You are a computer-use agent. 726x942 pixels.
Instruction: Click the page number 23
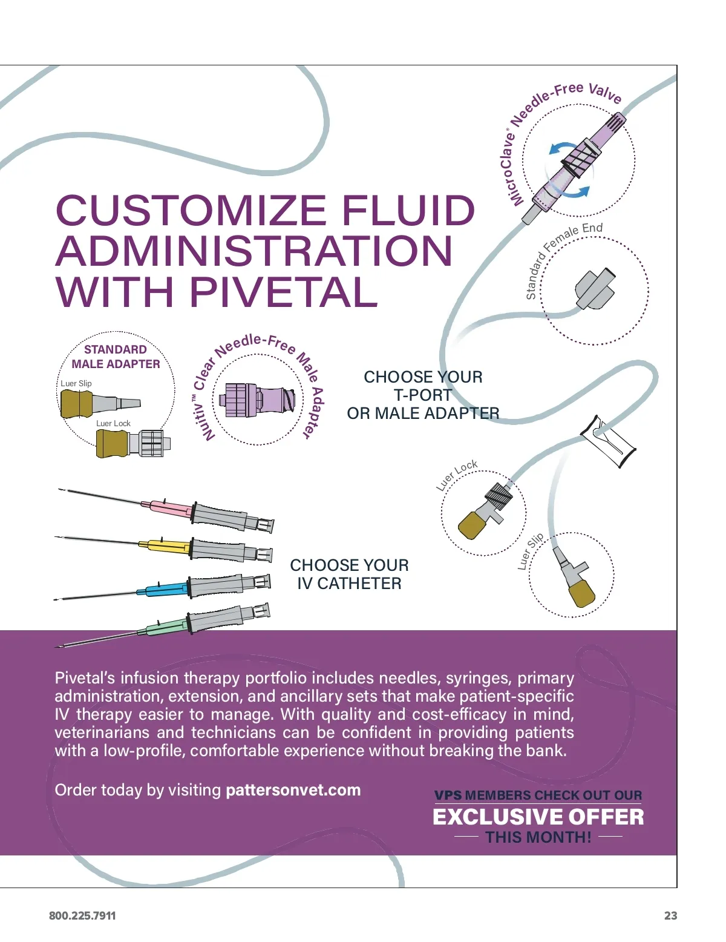point(670,915)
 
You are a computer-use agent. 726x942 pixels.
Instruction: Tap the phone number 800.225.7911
point(82,915)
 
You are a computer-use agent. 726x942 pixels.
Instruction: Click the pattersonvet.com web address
point(293,790)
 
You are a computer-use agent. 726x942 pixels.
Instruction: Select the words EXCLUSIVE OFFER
point(538,817)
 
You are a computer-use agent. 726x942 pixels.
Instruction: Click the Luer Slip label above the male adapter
point(76,383)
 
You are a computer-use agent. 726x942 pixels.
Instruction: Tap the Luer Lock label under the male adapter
point(113,423)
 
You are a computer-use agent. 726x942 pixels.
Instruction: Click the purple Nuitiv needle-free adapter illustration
point(257,400)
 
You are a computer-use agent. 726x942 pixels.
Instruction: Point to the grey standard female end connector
point(594,289)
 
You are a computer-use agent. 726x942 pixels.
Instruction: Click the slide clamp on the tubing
point(609,440)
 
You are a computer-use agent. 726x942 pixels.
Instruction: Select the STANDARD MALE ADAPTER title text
point(116,357)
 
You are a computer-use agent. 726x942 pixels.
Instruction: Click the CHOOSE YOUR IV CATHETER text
point(349,574)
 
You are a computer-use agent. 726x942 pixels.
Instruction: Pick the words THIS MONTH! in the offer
point(538,837)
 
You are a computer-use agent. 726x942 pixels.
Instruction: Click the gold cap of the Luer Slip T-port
point(582,593)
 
